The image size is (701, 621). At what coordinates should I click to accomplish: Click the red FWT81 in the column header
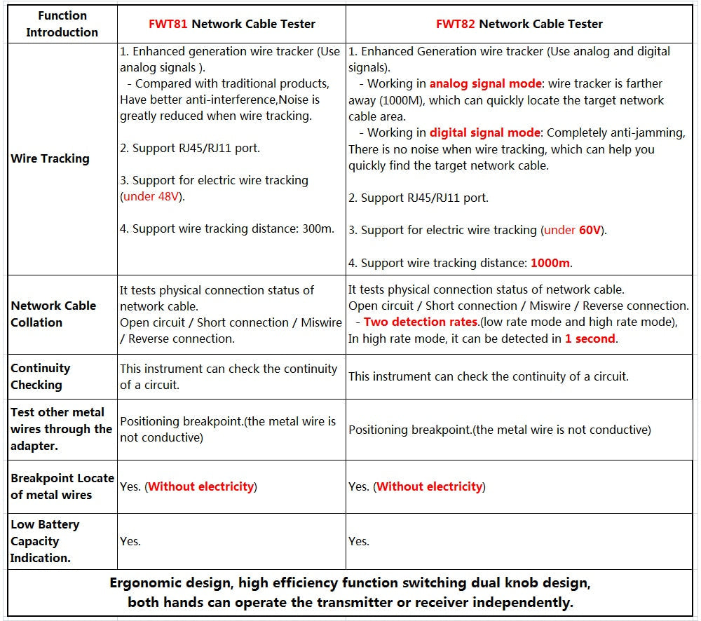pos(168,24)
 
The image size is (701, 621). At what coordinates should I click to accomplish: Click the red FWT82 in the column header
pos(456,24)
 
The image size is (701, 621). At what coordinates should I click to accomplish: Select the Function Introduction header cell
pos(62,24)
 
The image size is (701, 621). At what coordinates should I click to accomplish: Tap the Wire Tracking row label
pos(50,158)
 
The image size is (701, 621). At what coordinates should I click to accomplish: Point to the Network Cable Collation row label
pos(53,314)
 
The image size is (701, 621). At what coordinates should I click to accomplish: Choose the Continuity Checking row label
pos(41,376)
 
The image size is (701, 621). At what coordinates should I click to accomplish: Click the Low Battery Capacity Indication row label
pos(45,541)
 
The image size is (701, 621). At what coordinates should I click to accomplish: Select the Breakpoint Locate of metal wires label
pos(62,486)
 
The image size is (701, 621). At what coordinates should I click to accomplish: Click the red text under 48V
pos(152,196)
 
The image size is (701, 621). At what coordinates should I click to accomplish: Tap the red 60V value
pos(590,230)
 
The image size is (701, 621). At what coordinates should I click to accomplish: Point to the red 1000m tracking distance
pos(550,263)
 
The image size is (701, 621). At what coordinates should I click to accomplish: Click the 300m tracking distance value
pos(319,228)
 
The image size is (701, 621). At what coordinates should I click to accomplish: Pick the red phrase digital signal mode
pos(484,132)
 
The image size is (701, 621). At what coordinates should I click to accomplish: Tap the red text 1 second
pos(590,339)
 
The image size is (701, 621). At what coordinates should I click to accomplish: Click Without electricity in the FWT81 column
pos(200,486)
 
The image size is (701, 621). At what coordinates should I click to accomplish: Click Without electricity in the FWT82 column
pos(429,486)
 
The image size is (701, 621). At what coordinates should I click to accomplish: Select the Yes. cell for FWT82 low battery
pos(358,541)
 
